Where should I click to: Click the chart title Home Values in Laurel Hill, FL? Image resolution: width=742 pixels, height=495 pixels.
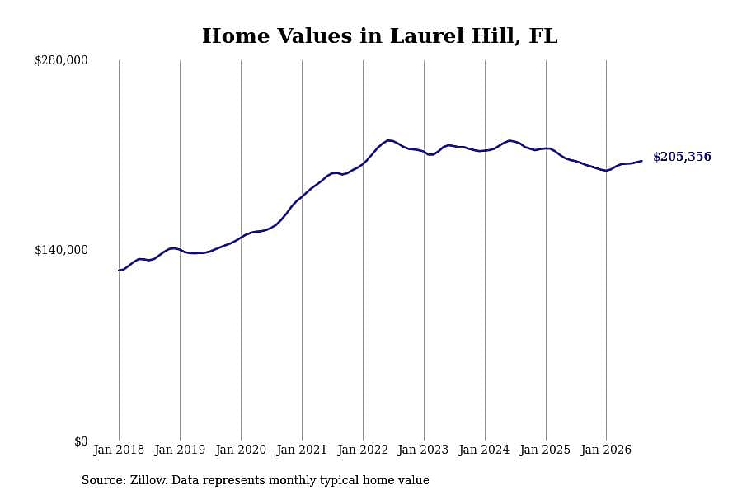click(379, 36)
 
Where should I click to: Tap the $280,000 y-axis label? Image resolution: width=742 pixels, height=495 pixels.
click(61, 60)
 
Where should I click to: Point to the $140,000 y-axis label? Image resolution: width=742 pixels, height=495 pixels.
click(61, 250)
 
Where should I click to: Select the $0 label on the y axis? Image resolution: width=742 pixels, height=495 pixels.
click(81, 441)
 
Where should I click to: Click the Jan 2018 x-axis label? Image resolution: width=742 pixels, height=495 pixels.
click(119, 450)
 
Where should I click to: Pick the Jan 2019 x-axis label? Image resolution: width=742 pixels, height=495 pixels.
click(180, 450)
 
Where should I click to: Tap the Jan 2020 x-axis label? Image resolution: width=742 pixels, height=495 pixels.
click(241, 450)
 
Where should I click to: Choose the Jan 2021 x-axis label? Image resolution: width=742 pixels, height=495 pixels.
click(302, 450)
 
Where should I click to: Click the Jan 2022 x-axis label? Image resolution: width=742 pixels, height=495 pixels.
click(363, 450)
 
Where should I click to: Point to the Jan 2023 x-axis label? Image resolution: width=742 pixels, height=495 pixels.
click(424, 450)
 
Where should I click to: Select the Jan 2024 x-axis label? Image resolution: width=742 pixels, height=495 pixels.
click(485, 450)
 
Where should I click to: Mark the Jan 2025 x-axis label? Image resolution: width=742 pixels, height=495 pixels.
click(546, 450)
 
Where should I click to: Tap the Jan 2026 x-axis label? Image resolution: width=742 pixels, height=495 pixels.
click(606, 450)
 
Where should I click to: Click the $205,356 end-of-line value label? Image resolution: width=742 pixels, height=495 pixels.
click(682, 157)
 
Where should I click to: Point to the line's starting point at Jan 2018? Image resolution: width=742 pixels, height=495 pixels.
click(120, 271)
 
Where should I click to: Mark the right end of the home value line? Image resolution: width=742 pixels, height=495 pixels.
click(641, 161)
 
